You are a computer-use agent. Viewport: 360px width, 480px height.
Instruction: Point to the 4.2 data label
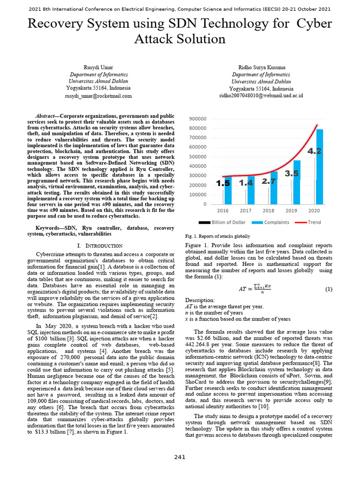point(314,151)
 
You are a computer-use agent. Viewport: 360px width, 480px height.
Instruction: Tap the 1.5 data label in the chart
point(223,184)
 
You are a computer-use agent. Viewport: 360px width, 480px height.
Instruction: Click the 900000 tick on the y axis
point(198,119)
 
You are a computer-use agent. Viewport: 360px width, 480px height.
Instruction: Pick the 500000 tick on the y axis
point(198,157)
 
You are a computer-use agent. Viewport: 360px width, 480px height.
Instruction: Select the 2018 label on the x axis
point(269,211)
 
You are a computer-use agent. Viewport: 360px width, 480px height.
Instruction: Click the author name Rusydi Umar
point(98,67)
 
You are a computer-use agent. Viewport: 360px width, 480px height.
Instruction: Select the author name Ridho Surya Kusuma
point(261,67)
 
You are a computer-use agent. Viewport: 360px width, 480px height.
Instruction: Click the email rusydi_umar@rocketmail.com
point(98,96)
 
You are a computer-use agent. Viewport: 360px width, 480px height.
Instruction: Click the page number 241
point(180,457)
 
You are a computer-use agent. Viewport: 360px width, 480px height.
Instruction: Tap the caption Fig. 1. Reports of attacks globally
point(218,236)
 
